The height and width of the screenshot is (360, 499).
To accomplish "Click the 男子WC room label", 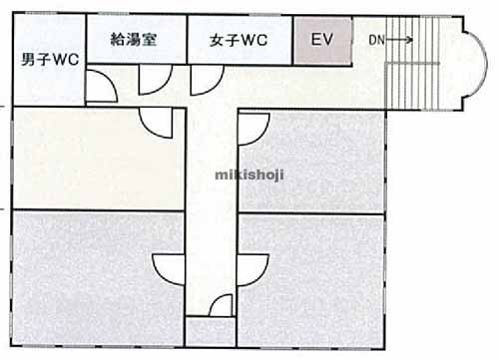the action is pyautogui.click(x=50, y=59).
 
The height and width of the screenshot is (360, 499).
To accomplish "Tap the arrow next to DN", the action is pyautogui.click(x=401, y=40).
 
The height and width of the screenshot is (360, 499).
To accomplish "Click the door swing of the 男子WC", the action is pyautogui.click(x=101, y=88).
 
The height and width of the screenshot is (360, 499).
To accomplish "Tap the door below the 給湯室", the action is pyautogui.click(x=153, y=83).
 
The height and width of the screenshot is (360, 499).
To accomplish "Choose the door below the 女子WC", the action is pyautogui.click(x=206, y=83).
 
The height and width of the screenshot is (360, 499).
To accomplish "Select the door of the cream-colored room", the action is pyautogui.click(x=158, y=122).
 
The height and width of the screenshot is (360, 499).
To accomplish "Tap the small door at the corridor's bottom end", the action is pyautogui.click(x=211, y=319).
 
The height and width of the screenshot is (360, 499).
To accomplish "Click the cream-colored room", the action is pyautogui.click(x=95, y=160).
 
